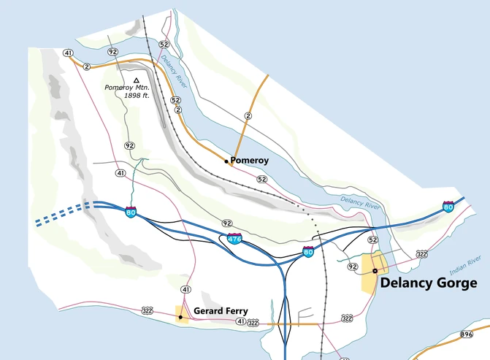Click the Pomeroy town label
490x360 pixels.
click(250, 160)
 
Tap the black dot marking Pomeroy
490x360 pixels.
click(226, 160)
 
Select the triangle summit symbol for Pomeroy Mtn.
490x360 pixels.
click(136, 80)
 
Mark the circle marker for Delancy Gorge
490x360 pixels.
click(375, 270)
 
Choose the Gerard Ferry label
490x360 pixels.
click(221, 311)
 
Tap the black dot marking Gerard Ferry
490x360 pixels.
click(180, 317)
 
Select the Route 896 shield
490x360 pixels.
click(467, 334)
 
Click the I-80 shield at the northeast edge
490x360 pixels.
click(448, 207)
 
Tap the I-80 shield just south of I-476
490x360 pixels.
click(309, 253)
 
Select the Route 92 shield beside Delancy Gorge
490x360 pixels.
click(353, 267)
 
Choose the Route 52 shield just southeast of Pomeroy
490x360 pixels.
click(262, 178)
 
